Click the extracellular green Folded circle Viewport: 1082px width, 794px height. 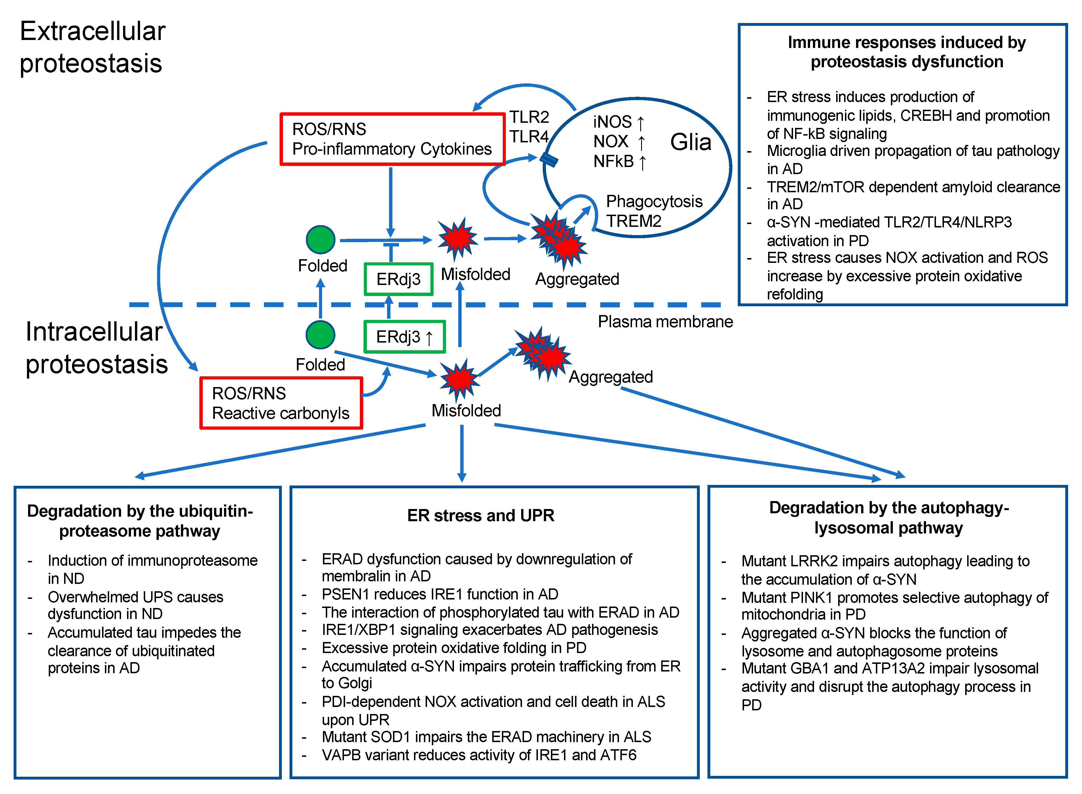coord(320,239)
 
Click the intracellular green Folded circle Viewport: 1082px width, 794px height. coord(320,335)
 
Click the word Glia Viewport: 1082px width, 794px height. coord(690,142)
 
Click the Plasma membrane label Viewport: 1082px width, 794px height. coord(665,322)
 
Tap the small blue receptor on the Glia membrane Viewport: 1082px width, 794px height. coord(549,160)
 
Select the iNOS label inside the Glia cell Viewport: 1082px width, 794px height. coord(612,122)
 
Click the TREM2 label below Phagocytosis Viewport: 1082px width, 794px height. coord(633,221)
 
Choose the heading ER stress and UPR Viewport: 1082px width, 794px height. coord(480,515)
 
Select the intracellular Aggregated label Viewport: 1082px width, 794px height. coord(611,377)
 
